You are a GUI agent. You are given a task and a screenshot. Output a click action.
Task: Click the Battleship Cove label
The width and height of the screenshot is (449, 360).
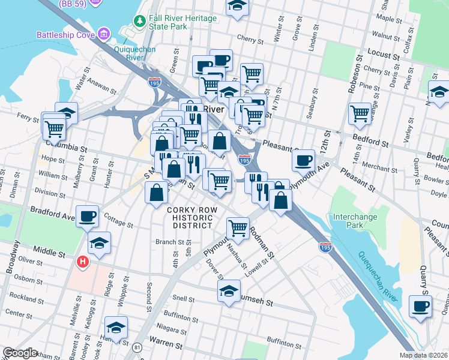(x=66, y=34)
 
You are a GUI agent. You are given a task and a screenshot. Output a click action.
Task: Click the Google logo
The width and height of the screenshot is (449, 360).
(x=20, y=353)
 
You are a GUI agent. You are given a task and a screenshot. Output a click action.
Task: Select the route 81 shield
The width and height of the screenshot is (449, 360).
(x=137, y=347)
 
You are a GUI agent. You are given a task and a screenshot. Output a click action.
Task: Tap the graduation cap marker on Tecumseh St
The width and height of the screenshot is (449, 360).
(x=228, y=292)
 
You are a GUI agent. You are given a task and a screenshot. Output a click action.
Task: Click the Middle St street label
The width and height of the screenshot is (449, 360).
(x=49, y=253)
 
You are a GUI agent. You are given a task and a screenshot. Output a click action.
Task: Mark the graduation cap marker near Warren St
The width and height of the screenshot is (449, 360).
(x=116, y=328)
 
